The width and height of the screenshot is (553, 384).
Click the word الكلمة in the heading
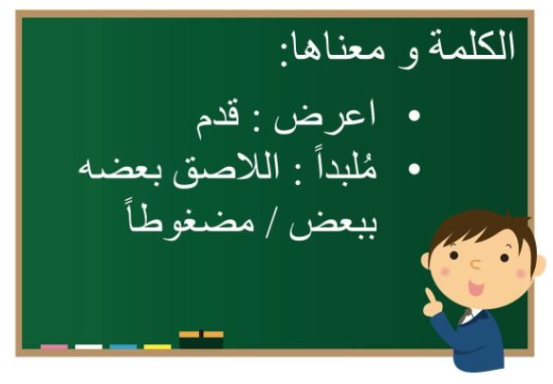[471, 46]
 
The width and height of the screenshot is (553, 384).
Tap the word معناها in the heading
[335, 49]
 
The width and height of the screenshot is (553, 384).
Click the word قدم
[217, 119]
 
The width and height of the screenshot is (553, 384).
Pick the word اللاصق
[226, 171]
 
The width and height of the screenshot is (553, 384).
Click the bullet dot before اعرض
[415, 116]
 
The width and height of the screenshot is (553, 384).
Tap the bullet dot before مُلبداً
[415, 169]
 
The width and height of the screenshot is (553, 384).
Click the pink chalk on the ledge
[54, 347]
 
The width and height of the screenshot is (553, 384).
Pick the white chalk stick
[88, 347]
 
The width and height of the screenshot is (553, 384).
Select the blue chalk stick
[123, 347]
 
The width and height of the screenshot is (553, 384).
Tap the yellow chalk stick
[157, 347]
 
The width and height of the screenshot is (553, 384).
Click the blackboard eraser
[201, 339]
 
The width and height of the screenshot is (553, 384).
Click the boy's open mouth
[476, 287]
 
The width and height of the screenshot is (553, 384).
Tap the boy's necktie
[465, 317]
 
